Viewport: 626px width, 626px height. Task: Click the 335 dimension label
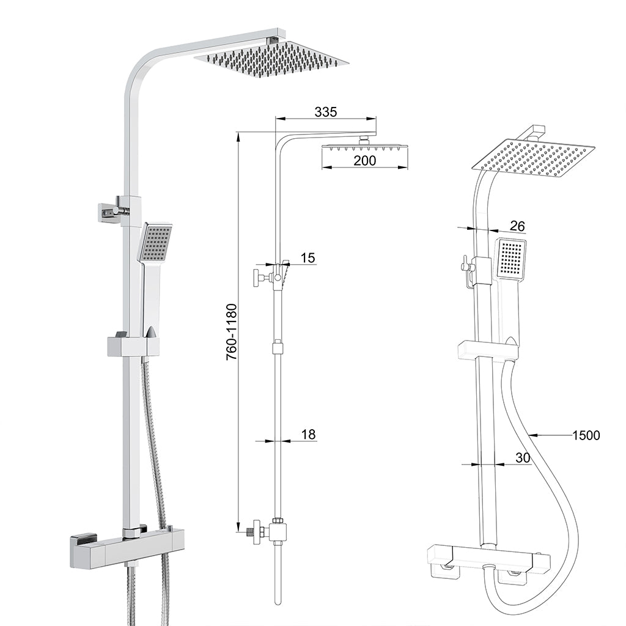point(326,111)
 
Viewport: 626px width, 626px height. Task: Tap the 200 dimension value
point(365,160)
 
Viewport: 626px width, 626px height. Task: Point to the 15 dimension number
point(308,258)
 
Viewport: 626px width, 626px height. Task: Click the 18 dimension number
point(308,435)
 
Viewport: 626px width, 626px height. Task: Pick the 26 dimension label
point(517,226)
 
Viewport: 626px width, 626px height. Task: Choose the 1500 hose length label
point(586,435)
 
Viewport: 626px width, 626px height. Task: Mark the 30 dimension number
point(522,457)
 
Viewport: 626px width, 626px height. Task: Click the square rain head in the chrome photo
point(271,61)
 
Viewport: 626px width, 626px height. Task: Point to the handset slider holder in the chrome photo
point(133,345)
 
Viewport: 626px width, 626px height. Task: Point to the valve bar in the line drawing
point(487,558)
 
